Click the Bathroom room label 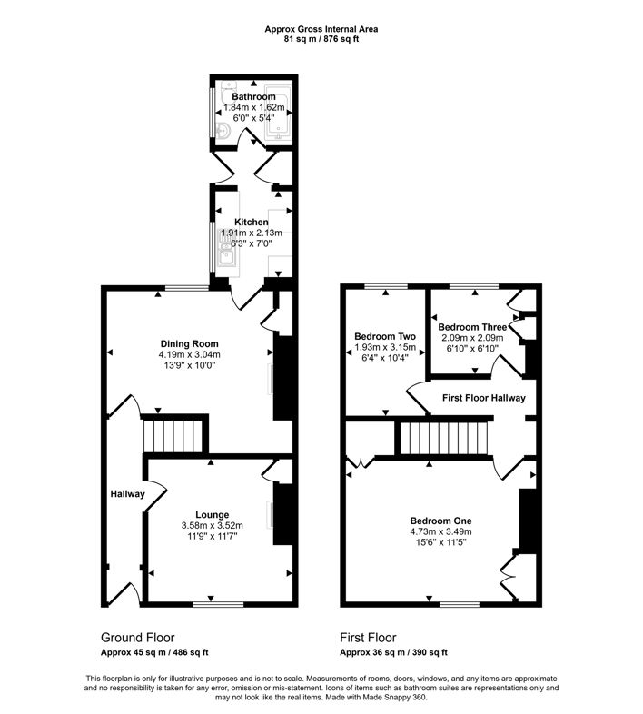pos(253,96)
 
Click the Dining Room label pos(188,343)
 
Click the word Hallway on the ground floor pos(127,494)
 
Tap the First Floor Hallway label pos(483,398)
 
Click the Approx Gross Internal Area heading pos(321,29)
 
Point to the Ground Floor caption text pos(137,638)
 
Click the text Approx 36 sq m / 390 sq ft pos(393,652)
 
